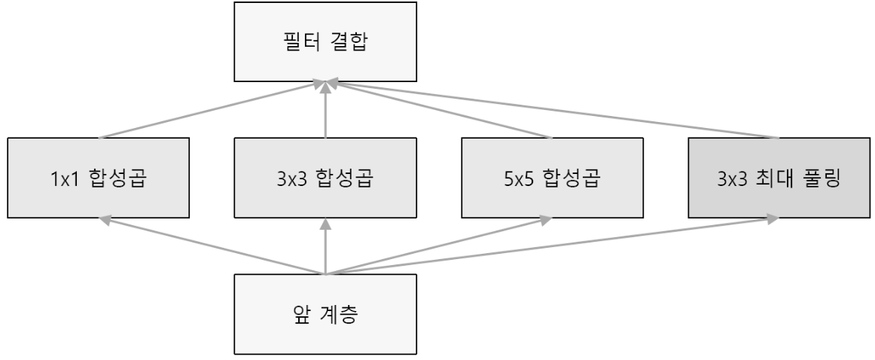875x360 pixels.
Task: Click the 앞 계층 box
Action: [x=325, y=313]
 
